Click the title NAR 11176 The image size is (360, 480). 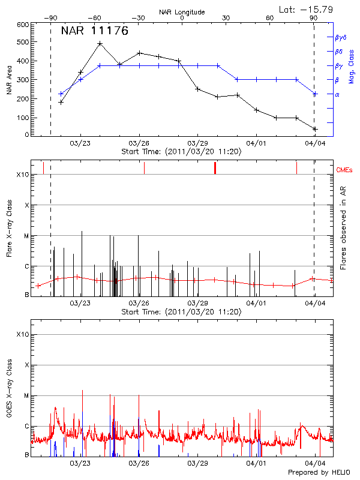click(x=95, y=31)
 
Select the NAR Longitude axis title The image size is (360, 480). click(x=182, y=12)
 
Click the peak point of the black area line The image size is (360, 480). click(x=100, y=44)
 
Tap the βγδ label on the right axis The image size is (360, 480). click(x=340, y=37)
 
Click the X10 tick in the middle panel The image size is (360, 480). click(x=22, y=175)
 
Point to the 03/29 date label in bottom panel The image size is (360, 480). click(x=197, y=463)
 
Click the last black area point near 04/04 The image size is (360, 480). click(x=314, y=129)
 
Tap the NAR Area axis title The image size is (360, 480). click(x=9, y=80)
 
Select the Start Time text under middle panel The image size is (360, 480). click(x=181, y=312)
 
